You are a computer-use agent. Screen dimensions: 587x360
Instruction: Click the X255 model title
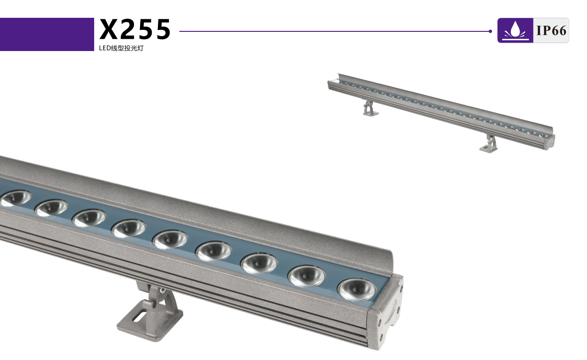pyautogui.click(x=135, y=29)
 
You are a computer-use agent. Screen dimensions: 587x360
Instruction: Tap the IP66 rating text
pyautogui.click(x=551, y=30)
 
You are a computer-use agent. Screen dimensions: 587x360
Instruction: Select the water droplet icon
pyautogui.click(x=515, y=30)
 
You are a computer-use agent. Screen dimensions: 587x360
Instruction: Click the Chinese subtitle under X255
pyautogui.click(x=121, y=48)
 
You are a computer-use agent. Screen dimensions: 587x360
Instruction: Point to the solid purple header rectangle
pyautogui.click(x=47, y=34)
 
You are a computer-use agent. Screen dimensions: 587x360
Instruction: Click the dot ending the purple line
pyautogui.click(x=490, y=31)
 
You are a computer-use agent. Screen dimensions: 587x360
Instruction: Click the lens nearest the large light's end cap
pyautogui.click(x=357, y=289)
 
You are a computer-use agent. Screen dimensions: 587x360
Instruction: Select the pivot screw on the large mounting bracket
pyautogui.click(x=163, y=290)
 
